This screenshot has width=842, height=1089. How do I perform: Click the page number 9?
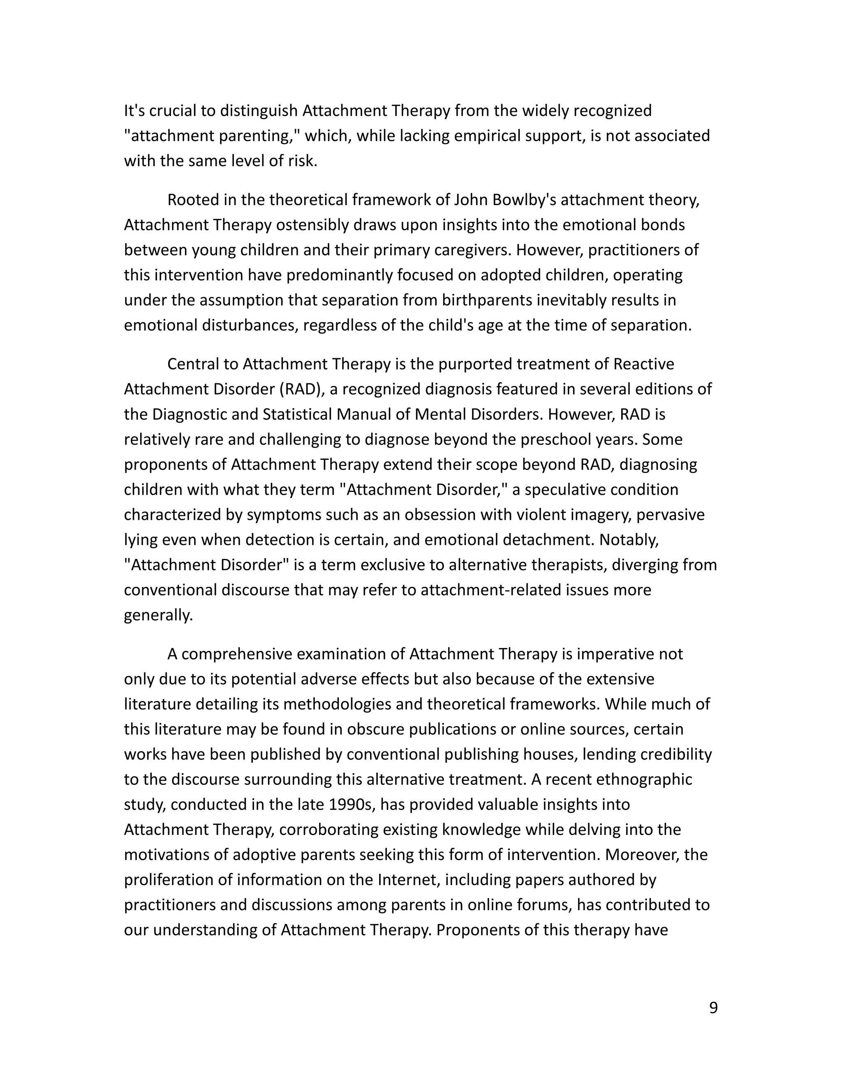pyautogui.click(x=713, y=1008)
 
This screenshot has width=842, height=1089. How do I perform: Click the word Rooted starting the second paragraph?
pyautogui.click(x=193, y=200)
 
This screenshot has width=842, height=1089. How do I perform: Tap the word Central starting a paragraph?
pyautogui.click(x=194, y=364)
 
